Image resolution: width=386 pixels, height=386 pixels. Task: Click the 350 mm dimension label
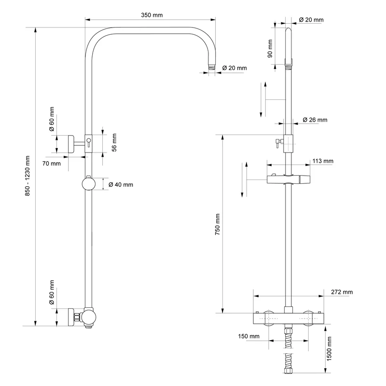tap(152, 15)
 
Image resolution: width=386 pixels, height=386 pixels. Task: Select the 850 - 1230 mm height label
tap(28, 176)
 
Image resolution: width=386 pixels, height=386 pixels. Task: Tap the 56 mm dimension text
tap(114, 142)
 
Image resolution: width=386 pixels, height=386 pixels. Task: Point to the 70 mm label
tap(51, 164)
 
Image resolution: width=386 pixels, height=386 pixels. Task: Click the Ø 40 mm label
tap(121, 185)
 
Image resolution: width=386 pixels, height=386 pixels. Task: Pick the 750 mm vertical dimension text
tap(218, 224)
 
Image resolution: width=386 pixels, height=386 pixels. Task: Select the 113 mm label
tap(323, 161)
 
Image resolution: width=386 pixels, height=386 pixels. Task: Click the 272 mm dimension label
tap(342, 292)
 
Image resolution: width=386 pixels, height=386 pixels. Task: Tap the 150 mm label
tap(248, 336)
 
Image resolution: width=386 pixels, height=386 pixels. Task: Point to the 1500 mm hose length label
tap(330, 349)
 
